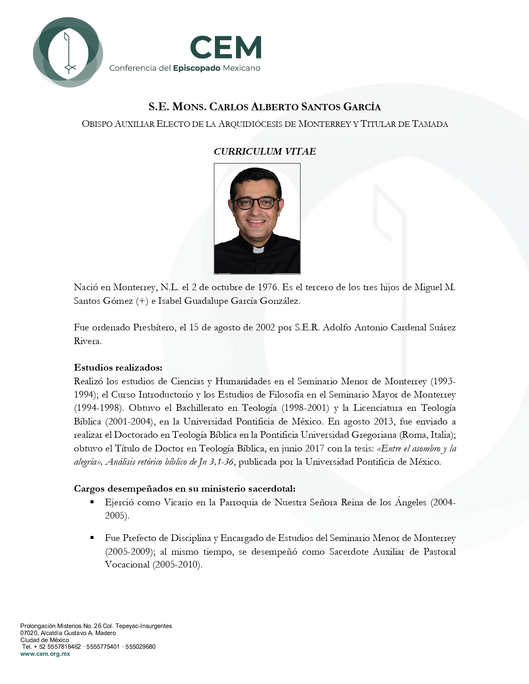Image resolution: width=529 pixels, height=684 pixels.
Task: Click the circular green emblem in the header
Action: [x=68, y=52]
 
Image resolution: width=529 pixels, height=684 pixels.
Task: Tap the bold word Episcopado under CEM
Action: [x=196, y=68]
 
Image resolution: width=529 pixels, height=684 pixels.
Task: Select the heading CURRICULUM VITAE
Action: [x=265, y=151]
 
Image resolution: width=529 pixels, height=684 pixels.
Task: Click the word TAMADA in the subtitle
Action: [x=430, y=124]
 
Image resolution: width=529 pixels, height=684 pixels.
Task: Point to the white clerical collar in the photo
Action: [x=258, y=250]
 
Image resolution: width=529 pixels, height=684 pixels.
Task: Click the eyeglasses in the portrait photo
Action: [x=256, y=203]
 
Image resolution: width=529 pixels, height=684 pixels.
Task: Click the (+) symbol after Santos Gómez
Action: [x=142, y=301]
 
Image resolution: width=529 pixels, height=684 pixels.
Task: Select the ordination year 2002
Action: [x=265, y=327]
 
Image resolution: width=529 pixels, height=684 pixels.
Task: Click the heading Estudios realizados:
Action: [x=118, y=367]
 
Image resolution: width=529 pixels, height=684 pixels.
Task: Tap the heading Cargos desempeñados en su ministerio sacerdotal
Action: [x=185, y=489]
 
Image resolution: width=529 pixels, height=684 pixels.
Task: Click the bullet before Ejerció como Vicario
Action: [x=92, y=502]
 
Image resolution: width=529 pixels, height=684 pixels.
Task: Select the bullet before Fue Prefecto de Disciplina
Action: [x=92, y=538]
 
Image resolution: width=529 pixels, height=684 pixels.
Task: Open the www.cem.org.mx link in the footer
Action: [x=45, y=654]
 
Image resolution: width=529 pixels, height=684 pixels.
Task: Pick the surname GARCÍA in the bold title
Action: [x=362, y=107]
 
